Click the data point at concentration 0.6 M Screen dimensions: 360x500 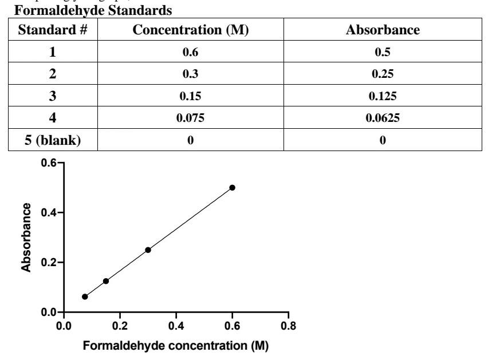[x=232, y=188]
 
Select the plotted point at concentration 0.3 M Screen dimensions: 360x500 [x=148, y=250]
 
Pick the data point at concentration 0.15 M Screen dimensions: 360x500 [x=106, y=281]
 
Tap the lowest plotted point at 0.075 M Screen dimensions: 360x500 [x=85, y=296]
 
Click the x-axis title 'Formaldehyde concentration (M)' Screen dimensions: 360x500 [x=176, y=346]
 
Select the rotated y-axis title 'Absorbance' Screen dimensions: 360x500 [x=26, y=238]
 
